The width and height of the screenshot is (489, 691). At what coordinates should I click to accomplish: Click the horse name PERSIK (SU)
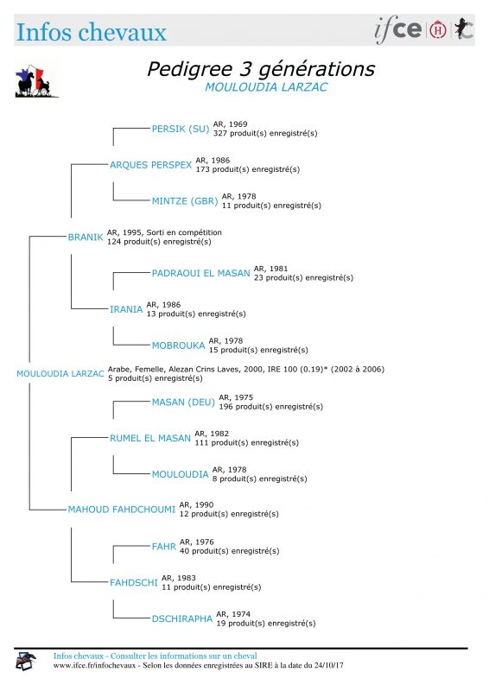coord(181,129)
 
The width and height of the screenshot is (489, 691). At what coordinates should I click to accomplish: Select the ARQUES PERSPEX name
coord(151,165)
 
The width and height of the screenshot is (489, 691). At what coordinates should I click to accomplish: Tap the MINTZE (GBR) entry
coord(185,201)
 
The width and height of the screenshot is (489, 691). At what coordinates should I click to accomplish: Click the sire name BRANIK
coord(86,237)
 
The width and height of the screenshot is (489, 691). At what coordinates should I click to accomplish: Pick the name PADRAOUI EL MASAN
coord(201,273)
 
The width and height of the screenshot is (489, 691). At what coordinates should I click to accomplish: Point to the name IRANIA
coord(126,309)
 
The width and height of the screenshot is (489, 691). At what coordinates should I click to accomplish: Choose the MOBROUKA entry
coord(179,345)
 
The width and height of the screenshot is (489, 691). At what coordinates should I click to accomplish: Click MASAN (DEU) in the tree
coord(183,403)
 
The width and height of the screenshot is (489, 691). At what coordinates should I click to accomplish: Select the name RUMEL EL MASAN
coord(150,439)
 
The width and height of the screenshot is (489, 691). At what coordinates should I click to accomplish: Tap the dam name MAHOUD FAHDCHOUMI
coord(122,510)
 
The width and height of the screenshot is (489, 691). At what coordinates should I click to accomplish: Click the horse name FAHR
coord(164,547)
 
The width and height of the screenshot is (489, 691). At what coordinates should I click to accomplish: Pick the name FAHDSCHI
coord(134,582)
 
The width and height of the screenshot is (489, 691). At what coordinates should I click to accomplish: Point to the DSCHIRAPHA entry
coord(182,618)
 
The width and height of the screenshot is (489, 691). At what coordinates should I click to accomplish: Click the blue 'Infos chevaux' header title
coord(92,32)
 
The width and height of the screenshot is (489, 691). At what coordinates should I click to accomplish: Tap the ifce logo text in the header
coord(398,29)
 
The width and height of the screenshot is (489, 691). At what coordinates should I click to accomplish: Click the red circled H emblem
coord(438,29)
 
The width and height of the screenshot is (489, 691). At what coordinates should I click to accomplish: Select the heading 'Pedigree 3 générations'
coord(261,69)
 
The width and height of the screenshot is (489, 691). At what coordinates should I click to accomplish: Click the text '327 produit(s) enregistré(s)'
coord(265,133)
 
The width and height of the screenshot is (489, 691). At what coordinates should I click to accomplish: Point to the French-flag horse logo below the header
coord(36,81)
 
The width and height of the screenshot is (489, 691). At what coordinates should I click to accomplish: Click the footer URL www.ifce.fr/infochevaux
coord(95,665)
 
